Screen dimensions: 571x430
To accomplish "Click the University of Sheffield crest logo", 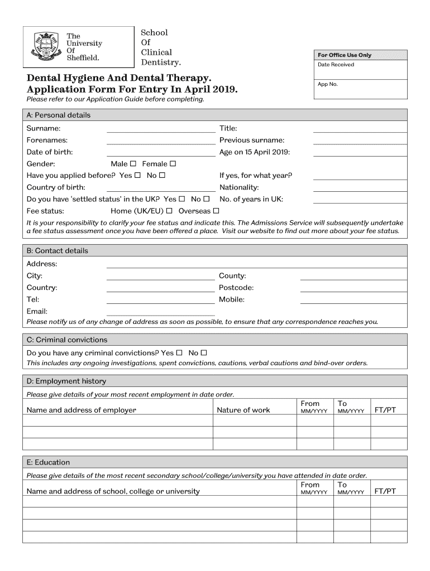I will [x=46, y=46].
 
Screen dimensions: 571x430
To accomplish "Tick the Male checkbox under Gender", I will [x=133, y=164].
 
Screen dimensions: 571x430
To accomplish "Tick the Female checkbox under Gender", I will [x=173, y=164].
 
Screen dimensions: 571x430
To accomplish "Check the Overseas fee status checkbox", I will [x=216, y=211].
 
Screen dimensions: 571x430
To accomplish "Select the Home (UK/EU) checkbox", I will [x=169, y=211].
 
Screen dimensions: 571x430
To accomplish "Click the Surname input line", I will [x=160, y=130].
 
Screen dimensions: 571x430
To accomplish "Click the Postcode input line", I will [x=353, y=289].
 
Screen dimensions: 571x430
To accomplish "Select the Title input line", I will [x=360, y=130].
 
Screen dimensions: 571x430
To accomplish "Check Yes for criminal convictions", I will [x=179, y=353].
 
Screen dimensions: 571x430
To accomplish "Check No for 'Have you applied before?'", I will [x=162, y=176].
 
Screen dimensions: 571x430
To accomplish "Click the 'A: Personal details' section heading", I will [x=59, y=115].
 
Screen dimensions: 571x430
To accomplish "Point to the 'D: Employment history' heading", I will [x=66, y=381].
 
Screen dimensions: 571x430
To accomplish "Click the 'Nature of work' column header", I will [x=243, y=410].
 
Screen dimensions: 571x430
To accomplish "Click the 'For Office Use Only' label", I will [x=345, y=55].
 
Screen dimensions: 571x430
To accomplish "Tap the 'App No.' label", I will [x=328, y=84].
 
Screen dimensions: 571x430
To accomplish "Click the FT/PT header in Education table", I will [x=385, y=492].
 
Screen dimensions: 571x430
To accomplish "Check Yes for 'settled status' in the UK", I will [x=181, y=199].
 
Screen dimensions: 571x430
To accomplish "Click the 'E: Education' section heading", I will [x=49, y=462].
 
